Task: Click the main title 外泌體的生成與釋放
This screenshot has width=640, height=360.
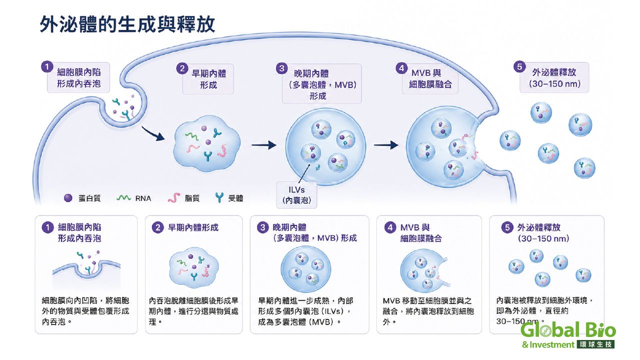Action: (x=127, y=24)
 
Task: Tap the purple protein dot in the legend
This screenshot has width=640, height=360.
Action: (x=68, y=198)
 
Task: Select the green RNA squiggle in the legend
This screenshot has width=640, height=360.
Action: (x=123, y=197)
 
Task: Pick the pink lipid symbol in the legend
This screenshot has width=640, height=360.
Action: (x=174, y=197)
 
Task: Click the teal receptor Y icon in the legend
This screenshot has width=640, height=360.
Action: (x=219, y=197)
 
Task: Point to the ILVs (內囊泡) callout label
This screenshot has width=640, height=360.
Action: (x=296, y=195)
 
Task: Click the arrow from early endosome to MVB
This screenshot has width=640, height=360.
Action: (x=264, y=145)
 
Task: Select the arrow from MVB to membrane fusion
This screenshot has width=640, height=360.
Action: (x=386, y=145)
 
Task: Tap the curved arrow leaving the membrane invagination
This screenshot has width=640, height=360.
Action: (x=152, y=133)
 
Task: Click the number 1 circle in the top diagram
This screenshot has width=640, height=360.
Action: (x=47, y=67)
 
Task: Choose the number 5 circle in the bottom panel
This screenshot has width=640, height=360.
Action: (x=507, y=227)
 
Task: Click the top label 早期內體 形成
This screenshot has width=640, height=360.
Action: (x=208, y=79)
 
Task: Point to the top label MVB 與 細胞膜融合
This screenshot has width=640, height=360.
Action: (x=430, y=78)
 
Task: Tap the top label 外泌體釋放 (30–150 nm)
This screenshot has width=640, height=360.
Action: (x=554, y=77)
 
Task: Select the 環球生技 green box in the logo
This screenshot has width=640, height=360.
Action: (x=596, y=344)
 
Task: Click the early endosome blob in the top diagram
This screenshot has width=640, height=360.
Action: (x=207, y=143)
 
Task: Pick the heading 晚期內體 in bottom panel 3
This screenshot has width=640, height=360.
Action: (x=289, y=227)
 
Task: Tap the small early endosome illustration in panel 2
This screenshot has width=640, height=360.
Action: (x=194, y=267)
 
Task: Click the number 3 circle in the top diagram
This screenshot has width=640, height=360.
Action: (x=281, y=68)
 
